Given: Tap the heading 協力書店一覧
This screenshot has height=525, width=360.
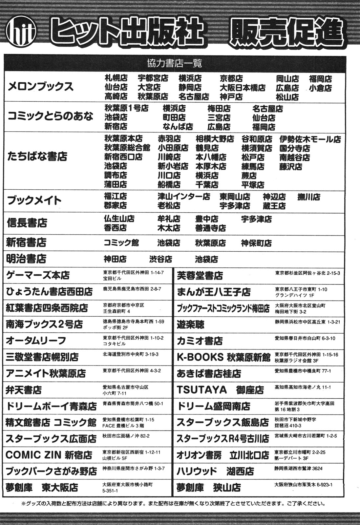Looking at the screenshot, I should click(x=174, y=62).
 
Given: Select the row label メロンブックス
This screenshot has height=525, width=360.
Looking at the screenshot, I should click(x=40, y=87).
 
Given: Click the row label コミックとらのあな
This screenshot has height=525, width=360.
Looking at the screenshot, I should click(x=50, y=116).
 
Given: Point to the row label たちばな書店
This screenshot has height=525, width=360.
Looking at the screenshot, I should click(x=37, y=157).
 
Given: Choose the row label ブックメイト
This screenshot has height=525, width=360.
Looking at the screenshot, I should click(x=34, y=200).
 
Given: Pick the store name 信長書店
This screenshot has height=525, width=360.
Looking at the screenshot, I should click(x=27, y=223).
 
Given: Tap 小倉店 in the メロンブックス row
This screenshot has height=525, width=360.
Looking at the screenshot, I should click(x=320, y=88).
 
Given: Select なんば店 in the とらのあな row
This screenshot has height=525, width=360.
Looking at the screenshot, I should click(x=178, y=127).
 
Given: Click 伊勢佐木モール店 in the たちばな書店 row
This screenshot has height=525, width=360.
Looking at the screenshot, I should click(x=310, y=139).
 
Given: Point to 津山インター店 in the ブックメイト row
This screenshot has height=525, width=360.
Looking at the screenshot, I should click(x=183, y=197).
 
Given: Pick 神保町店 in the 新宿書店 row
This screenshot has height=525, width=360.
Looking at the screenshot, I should click(x=256, y=243).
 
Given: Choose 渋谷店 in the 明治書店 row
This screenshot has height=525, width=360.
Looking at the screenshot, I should click(x=161, y=259).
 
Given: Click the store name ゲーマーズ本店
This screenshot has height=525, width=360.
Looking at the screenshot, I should click(x=38, y=275).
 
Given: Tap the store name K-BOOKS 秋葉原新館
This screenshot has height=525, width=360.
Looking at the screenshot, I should click(x=223, y=357).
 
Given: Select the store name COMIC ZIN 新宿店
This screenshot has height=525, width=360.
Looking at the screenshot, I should click(x=49, y=455).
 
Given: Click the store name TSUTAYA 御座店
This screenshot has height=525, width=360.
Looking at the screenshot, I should click(x=220, y=390).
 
